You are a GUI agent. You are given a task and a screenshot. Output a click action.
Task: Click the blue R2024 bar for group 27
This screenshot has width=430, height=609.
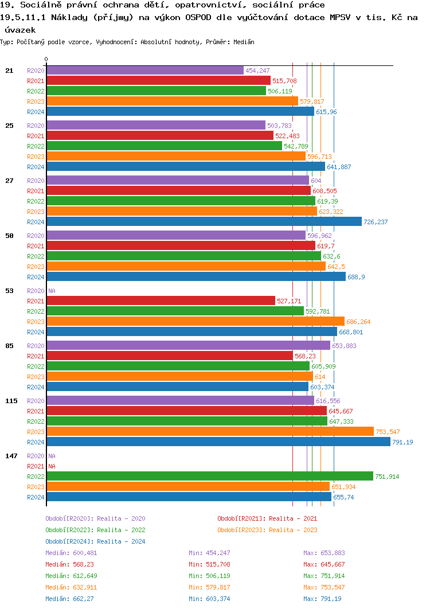(204, 222)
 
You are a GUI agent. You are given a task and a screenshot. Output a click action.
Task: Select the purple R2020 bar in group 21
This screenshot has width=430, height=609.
(145, 71)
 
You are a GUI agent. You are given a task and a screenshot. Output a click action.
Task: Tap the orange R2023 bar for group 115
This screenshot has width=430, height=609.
(210, 432)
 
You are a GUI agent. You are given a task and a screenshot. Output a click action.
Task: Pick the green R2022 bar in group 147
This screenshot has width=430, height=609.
(210, 477)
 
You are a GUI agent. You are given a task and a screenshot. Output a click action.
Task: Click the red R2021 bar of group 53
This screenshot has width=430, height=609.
(161, 301)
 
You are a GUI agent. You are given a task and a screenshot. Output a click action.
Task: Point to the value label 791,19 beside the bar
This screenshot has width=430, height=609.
(402, 442)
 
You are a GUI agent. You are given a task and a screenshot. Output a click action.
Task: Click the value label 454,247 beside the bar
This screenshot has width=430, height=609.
(257, 71)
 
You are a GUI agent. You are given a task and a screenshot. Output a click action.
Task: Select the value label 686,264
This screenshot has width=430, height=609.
(359, 322)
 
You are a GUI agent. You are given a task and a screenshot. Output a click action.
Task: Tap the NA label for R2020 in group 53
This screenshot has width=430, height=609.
(52, 291)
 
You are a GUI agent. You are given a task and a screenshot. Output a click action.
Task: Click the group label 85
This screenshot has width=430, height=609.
(9, 346)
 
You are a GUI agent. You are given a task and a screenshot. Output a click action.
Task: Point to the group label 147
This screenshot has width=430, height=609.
(11, 456)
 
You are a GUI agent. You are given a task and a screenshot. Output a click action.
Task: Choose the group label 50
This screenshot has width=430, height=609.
(9, 236)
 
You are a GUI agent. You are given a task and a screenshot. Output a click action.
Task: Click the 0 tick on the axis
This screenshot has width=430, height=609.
(46, 59)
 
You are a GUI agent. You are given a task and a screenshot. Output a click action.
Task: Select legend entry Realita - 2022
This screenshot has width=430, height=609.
(95, 530)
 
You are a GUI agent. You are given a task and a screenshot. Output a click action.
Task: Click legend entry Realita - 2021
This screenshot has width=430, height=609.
(267, 518)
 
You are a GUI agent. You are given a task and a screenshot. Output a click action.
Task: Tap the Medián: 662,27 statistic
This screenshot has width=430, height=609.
(70, 599)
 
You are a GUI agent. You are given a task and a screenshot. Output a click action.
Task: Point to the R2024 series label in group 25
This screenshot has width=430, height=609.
(36, 167)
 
